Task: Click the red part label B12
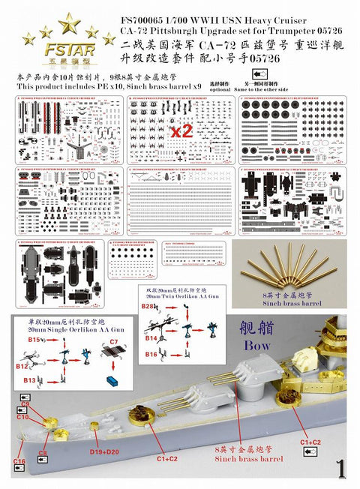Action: (22, 366)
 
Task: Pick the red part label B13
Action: (31, 381)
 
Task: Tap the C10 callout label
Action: (25, 417)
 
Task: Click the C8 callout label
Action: (43, 453)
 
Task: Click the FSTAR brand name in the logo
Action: (58, 54)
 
